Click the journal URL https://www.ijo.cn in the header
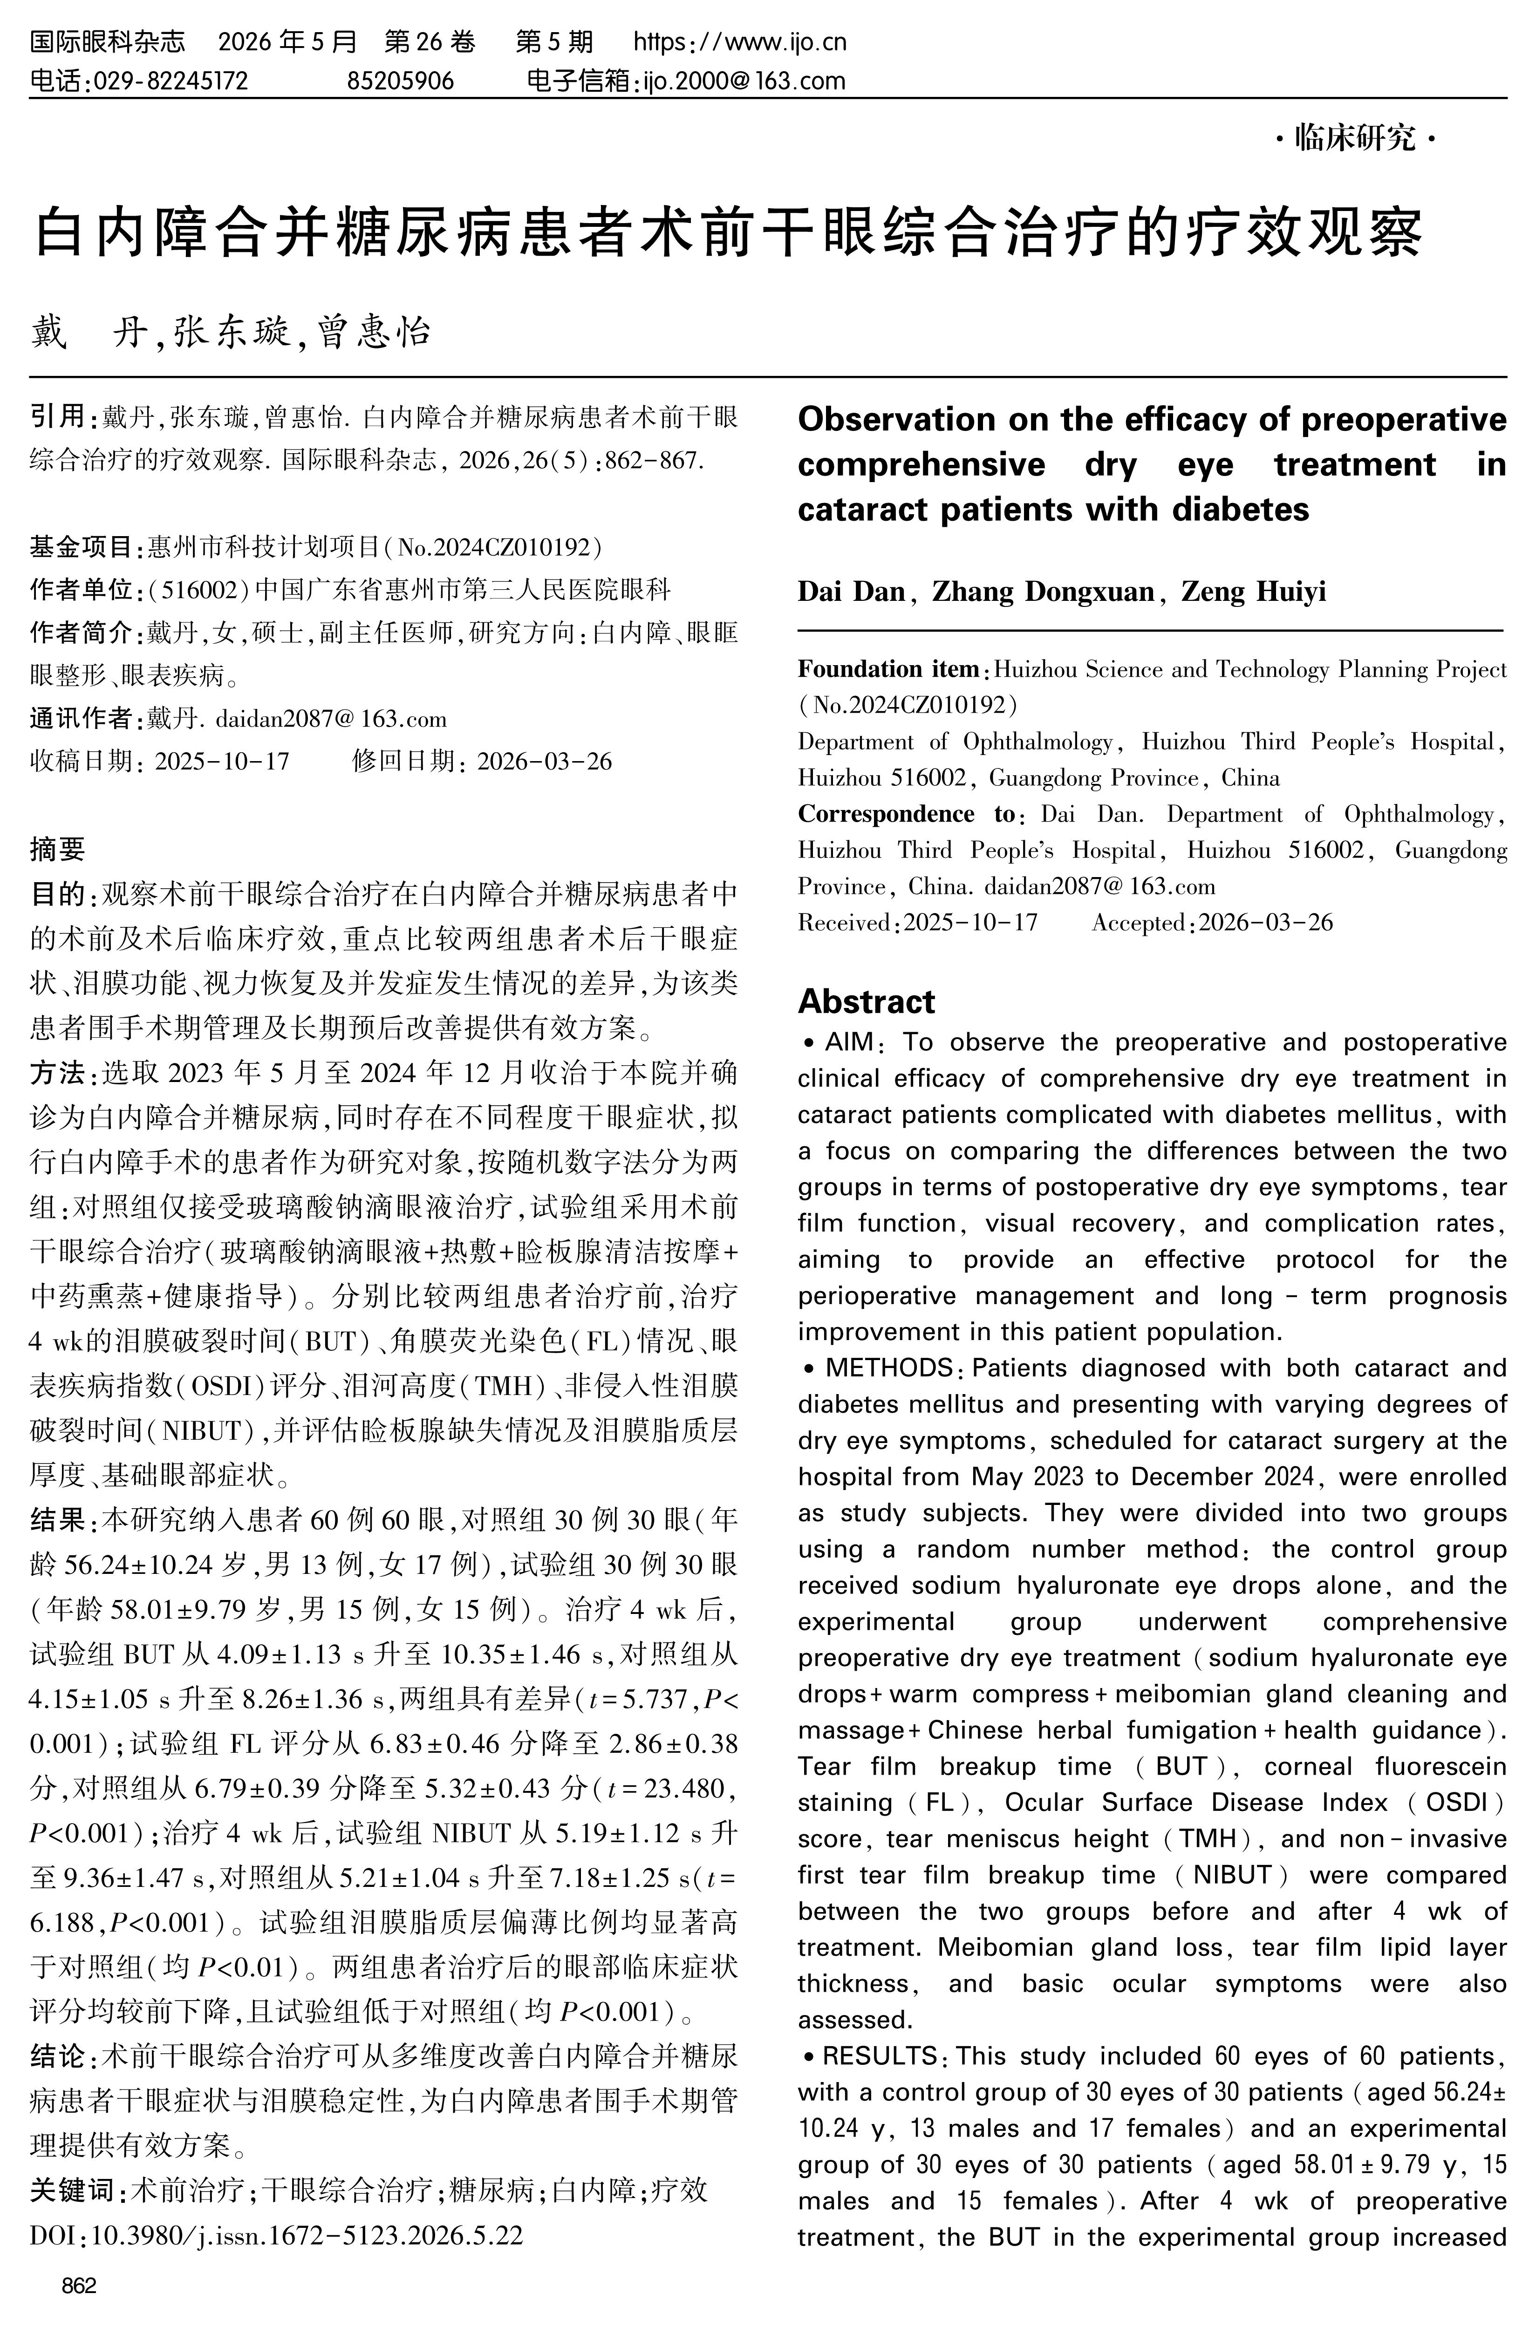pyautogui.click(x=740, y=42)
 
